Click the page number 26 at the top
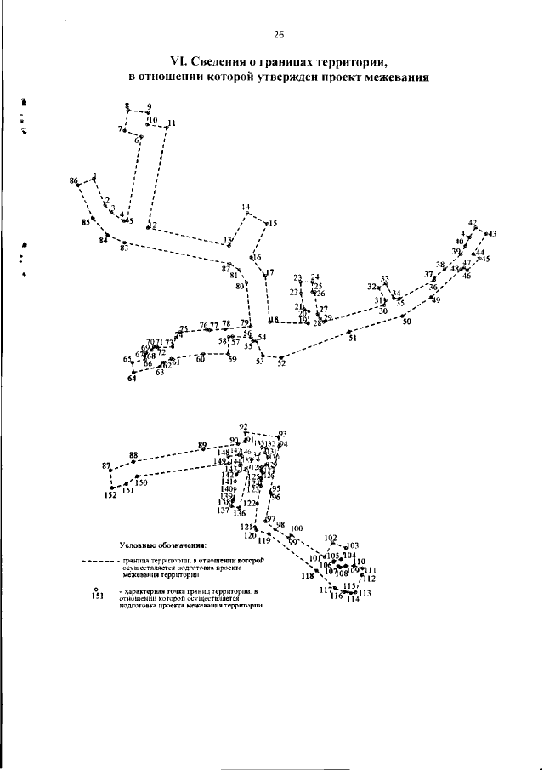[x=278, y=35]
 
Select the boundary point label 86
[x=74, y=181]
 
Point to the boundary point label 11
[x=172, y=123]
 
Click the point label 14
[x=246, y=208]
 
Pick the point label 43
[x=491, y=234]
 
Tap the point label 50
[x=406, y=321]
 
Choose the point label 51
[x=352, y=339]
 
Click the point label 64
[x=132, y=379]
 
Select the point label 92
[x=243, y=425]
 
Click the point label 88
[x=133, y=455]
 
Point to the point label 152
[x=110, y=494]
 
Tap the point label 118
[x=308, y=576]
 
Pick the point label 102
[x=331, y=538]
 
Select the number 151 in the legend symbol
[x=96, y=596]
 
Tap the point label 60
[x=201, y=360]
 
